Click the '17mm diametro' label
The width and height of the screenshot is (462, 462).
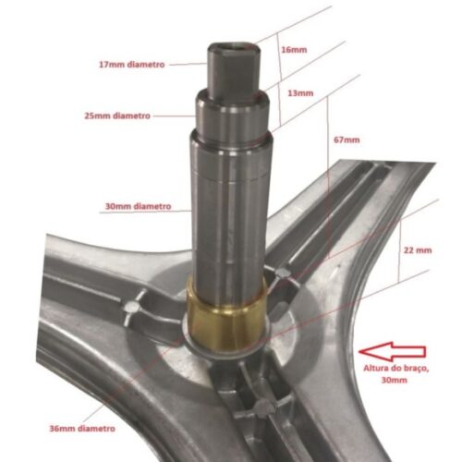coord(131,65)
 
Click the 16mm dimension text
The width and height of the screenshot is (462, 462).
coord(293,49)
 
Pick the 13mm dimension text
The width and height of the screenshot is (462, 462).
coord(301,93)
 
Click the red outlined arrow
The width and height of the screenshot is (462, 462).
coord(393,351)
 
